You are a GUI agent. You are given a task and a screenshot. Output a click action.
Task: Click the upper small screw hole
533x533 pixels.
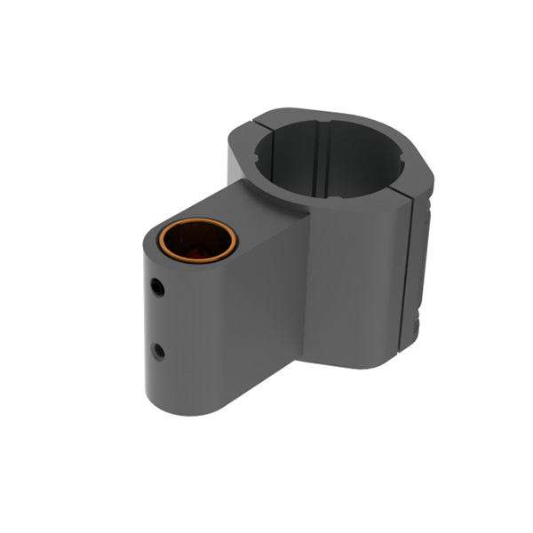[x=156, y=287]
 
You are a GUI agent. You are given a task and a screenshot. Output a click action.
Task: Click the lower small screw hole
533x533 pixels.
[x=159, y=351]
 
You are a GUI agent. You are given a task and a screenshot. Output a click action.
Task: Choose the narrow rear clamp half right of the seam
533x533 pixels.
[x=423, y=266]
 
